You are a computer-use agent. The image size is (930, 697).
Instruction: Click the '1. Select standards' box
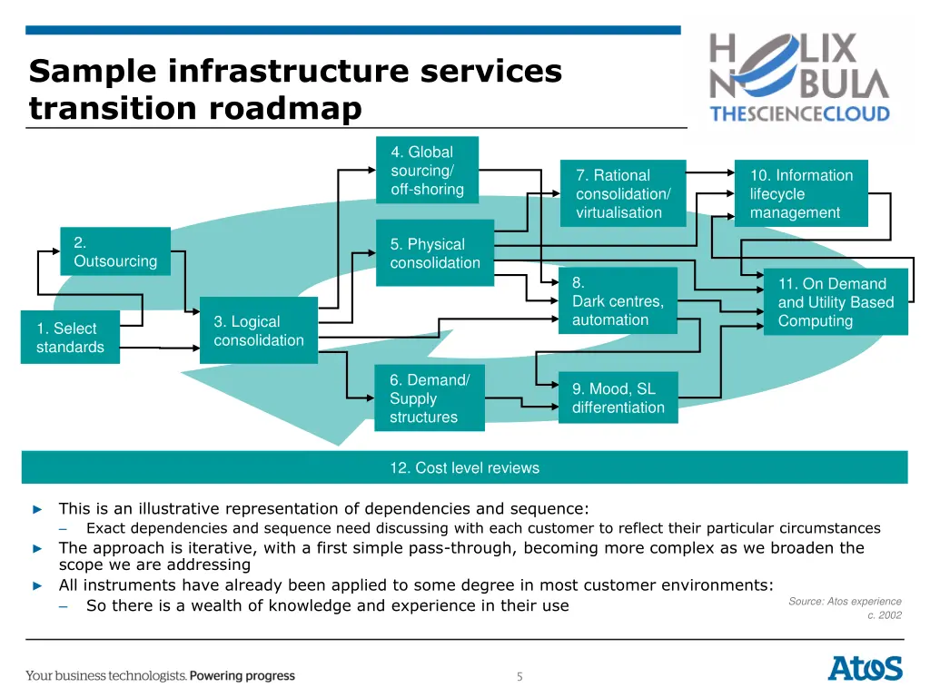point(70,338)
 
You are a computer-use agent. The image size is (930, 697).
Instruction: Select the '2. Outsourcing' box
point(115,251)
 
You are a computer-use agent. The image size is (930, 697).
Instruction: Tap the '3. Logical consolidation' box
point(259,330)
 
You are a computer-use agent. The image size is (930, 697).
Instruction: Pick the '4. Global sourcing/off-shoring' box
point(427,170)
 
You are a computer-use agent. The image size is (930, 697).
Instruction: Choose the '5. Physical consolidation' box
point(435,253)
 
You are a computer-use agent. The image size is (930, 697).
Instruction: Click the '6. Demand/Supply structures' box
point(430,398)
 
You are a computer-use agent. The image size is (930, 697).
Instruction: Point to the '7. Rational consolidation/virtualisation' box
point(628,193)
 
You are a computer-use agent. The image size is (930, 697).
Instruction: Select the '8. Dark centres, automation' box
point(618,300)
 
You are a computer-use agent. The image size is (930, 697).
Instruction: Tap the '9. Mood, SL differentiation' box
point(618,398)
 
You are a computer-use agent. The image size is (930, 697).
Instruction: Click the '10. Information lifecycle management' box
point(801,193)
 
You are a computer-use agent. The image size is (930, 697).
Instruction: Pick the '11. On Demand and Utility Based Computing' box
point(836,302)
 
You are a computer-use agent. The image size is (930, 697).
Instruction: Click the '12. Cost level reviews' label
point(464,468)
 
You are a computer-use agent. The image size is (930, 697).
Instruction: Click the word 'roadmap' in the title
point(285,109)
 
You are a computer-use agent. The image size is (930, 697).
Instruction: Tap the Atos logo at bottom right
point(865,669)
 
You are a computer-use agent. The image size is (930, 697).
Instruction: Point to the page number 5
point(519,676)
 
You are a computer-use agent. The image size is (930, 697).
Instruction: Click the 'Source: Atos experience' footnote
point(845,602)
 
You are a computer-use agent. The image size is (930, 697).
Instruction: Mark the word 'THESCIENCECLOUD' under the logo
point(799,114)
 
